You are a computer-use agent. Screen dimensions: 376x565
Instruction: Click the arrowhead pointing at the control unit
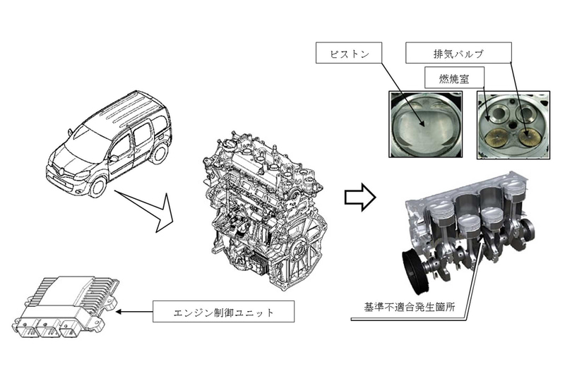[119, 310]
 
